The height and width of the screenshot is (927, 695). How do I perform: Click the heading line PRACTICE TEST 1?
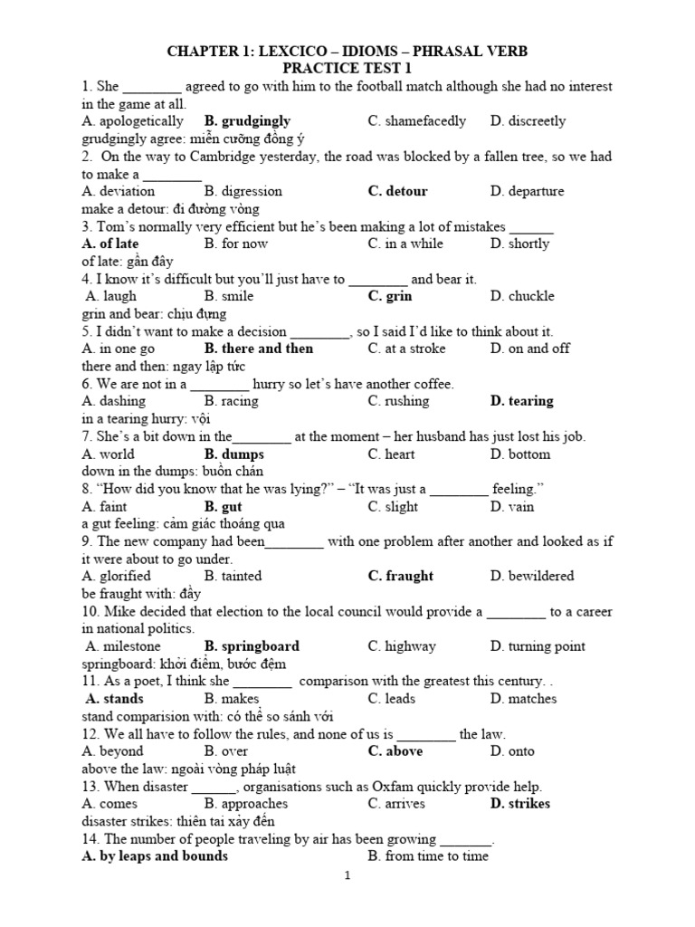coord(347,68)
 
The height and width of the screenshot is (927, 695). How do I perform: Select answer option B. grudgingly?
coord(247,121)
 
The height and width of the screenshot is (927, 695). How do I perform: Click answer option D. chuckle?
coord(522,297)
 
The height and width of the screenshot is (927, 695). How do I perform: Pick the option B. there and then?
coord(259,349)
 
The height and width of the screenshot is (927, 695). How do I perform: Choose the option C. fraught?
coord(401,577)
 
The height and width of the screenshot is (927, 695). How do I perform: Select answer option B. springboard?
coord(252,647)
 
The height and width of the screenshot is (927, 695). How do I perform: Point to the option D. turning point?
coord(538,647)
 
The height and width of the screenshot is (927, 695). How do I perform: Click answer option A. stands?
coord(114,700)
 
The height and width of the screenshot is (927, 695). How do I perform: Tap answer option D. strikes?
coord(520,805)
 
